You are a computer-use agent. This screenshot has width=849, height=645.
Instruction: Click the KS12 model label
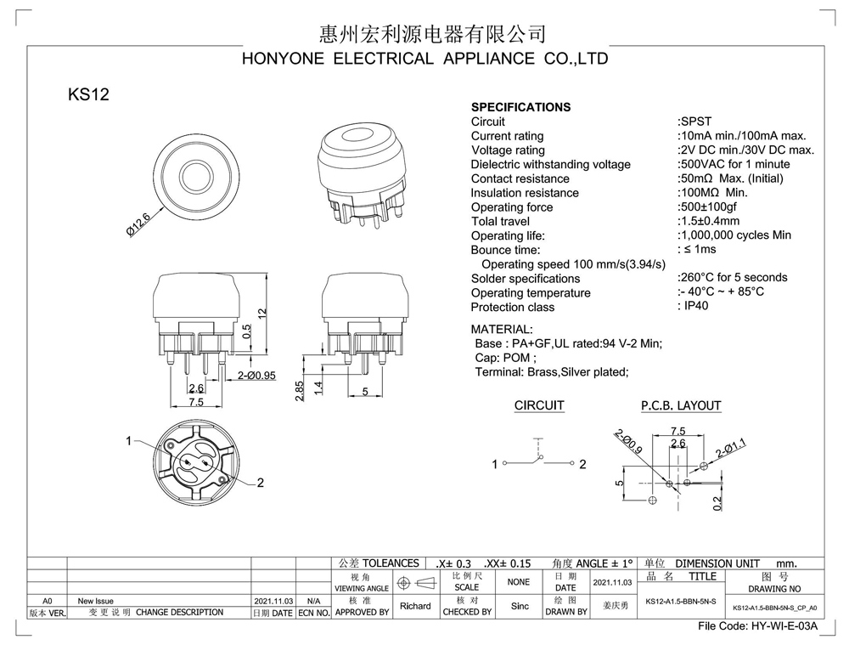[x=88, y=95]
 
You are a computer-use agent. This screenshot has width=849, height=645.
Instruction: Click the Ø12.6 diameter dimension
[x=138, y=224]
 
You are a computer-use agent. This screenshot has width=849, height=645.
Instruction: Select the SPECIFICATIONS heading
[x=520, y=107]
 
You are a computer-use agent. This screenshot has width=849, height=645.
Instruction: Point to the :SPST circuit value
[x=694, y=122]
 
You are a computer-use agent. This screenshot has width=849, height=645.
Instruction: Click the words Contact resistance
[x=520, y=178]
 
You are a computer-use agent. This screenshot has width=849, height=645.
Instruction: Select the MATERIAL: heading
[x=502, y=329]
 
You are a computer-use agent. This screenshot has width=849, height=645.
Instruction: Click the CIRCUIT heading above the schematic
[x=539, y=406]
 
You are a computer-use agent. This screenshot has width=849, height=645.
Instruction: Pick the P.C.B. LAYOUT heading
[x=680, y=406]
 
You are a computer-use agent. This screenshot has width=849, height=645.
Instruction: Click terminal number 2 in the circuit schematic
[x=582, y=465]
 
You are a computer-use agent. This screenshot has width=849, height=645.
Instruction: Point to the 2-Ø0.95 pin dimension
[x=256, y=376]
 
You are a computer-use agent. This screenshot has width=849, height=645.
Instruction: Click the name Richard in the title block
[x=415, y=606]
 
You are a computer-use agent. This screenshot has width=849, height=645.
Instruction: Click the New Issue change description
[x=95, y=601]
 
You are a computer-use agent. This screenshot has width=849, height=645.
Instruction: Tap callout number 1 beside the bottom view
[x=129, y=441]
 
